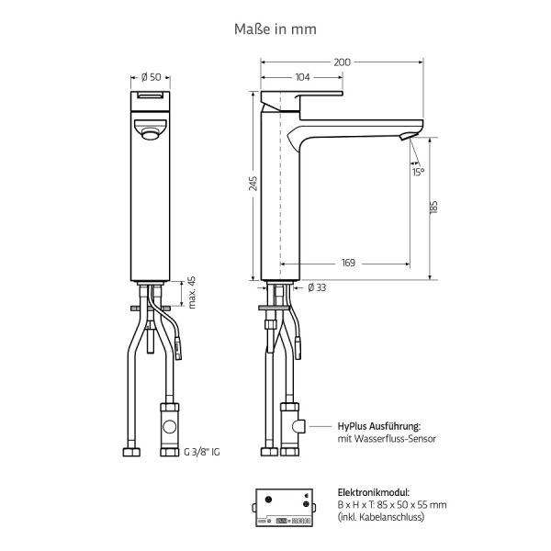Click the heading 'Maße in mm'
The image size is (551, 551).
tap(275, 29)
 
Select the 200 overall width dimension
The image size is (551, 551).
tap(342, 62)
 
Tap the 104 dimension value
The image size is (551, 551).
tap(302, 77)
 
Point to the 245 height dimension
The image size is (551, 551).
tap(253, 184)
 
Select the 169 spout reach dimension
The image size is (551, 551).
tap(349, 264)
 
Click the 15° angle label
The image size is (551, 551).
tap(419, 172)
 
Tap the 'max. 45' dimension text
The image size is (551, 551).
tap(193, 291)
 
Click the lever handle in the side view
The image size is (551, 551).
tap(302, 96)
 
